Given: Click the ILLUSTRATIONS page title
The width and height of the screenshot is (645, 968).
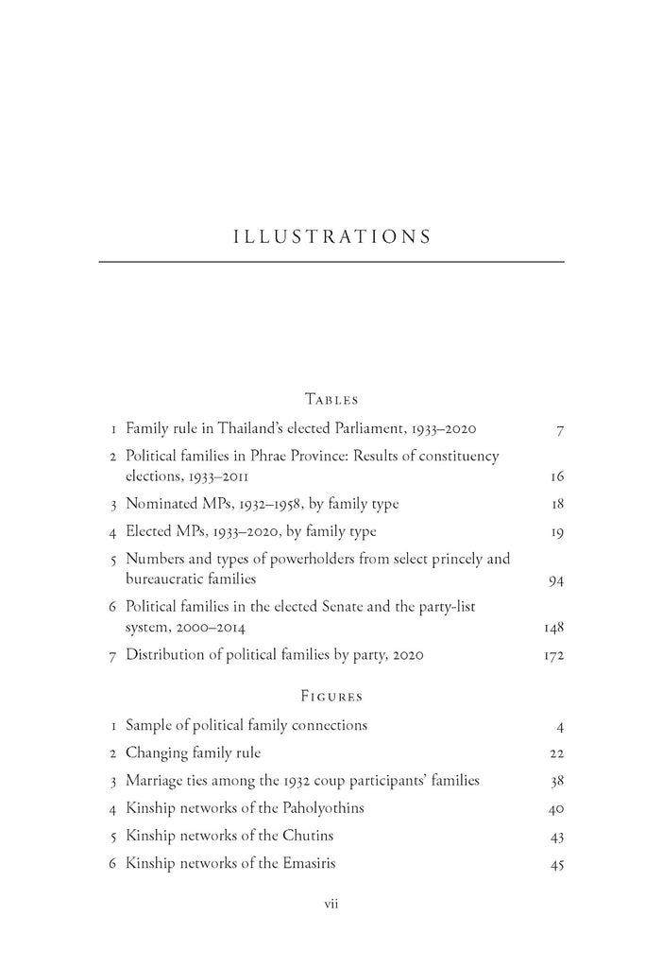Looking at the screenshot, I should coord(331,236).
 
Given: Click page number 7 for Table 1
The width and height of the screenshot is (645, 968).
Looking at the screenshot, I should coord(560,430).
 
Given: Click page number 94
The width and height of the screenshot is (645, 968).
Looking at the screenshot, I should coord(555,579).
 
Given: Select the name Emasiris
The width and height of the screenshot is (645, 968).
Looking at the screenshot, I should coord(310,863).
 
